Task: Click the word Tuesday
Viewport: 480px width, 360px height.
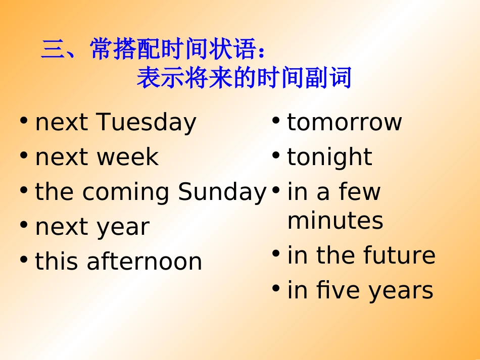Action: (146, 123)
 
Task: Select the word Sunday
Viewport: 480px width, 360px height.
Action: (222, 192)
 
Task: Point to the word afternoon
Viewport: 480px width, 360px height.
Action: (144, 262)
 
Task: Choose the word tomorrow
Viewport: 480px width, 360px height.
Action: (344, 123)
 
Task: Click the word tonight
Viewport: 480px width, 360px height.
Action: (329, 158)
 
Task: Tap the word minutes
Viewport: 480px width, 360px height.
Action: (335, 221)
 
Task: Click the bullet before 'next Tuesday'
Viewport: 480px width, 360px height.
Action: (24, 121)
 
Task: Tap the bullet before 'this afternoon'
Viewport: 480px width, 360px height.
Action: (24, 260)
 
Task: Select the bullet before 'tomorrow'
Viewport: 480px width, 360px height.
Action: (276, 121)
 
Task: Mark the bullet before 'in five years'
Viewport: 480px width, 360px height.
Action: (276, 289)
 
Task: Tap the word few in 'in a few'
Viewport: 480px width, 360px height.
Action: (360, 192)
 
